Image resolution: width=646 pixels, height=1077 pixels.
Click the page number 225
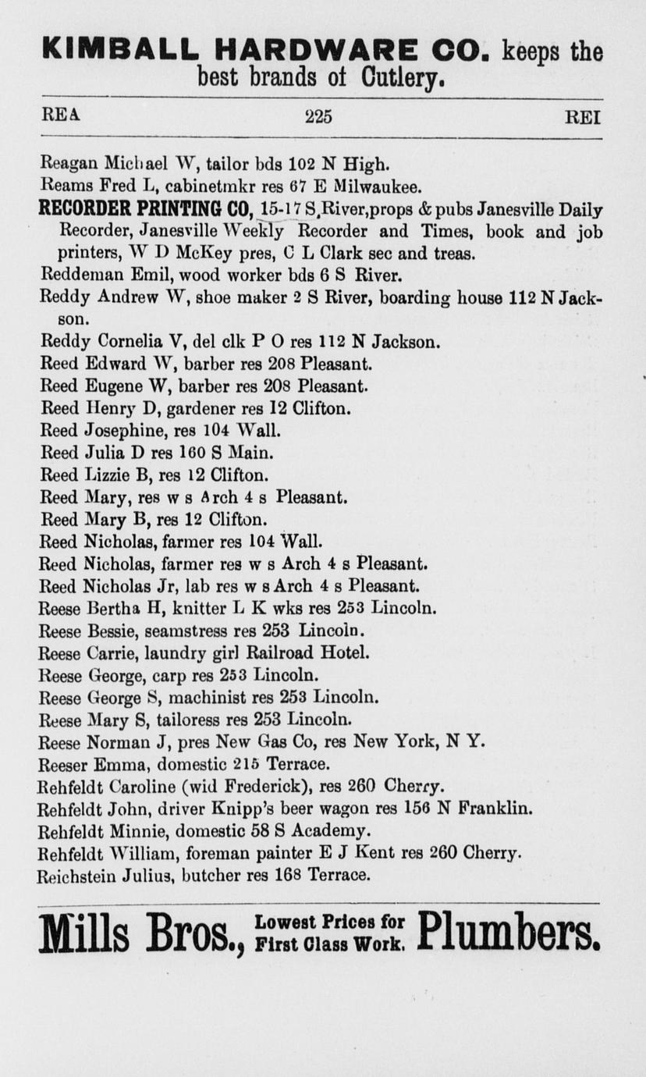pos(318,117)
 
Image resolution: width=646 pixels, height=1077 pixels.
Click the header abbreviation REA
pos(60,116)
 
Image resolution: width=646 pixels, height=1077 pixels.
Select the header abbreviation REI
pos(582,117)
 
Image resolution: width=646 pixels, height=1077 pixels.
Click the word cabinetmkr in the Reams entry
pos(201,187)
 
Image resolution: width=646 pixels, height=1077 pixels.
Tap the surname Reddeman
pos(76,275)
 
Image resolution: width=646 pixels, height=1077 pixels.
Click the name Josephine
pos(116,430)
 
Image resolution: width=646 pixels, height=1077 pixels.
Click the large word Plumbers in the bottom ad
pos(509,931)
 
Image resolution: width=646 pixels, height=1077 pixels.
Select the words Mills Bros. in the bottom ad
pos(142,933)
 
